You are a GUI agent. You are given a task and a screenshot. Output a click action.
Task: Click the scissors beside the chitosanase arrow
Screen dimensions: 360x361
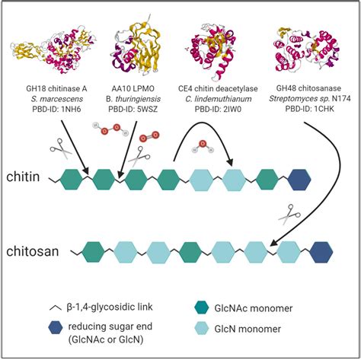(x=287, y=215)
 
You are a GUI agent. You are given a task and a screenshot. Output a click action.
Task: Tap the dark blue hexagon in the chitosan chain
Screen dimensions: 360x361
(x=321, y=251)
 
